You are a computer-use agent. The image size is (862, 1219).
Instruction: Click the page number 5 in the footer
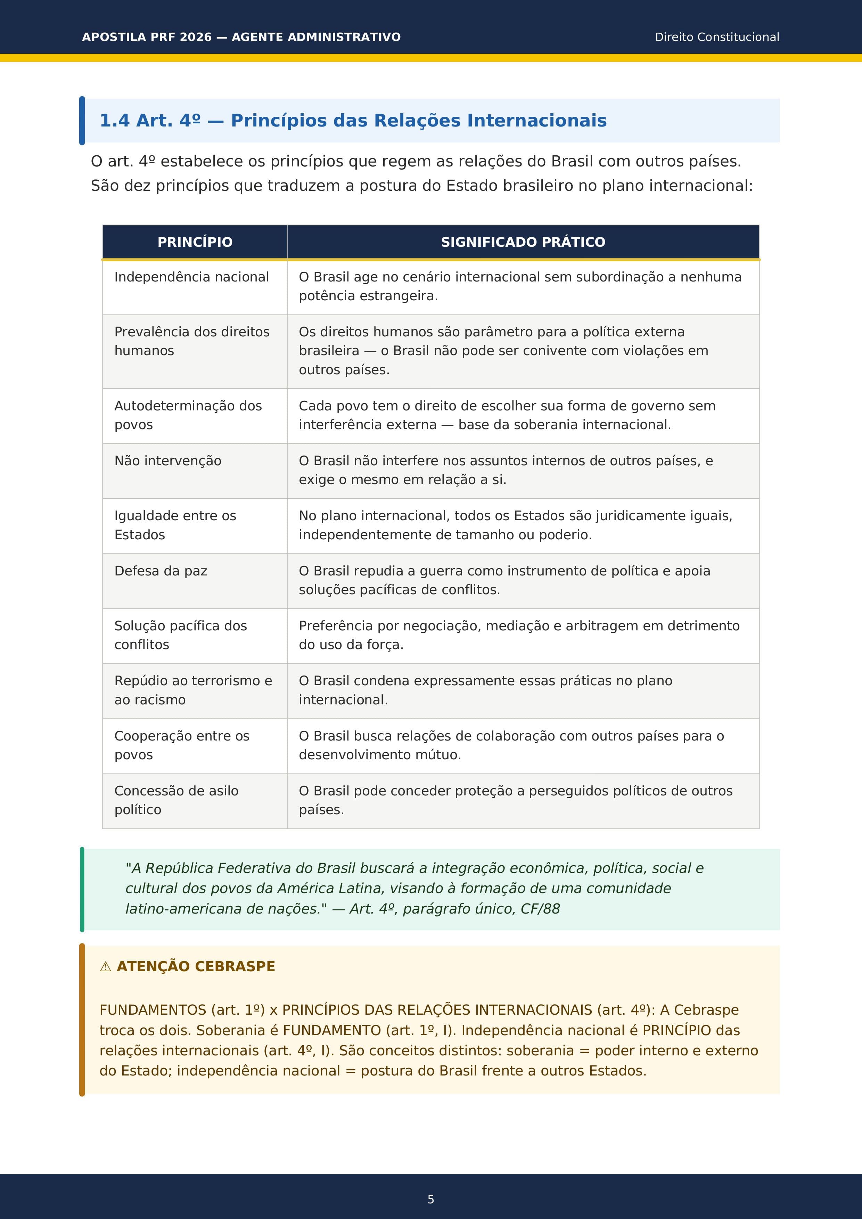pyautogui.click(x=430, y=1199)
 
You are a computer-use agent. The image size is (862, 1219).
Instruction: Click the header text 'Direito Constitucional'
pyautogui.click(x=716, y=37)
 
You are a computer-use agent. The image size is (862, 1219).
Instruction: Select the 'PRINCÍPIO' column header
pyautogui.click(x=195, y=242)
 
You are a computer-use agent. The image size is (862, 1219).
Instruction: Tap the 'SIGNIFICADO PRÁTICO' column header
pyautogui.click(x=523, y=242)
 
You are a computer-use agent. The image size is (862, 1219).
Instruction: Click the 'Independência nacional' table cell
pyautogui.click(x=192, y=277)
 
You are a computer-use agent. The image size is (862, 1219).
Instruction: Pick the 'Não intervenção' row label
pyautogui.click(x=168, y=461)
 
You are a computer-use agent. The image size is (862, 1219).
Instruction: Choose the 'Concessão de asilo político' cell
pyautogui.click(x=176, y=800)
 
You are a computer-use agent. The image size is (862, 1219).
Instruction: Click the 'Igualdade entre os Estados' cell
pyautogui.click(x=175, y=525)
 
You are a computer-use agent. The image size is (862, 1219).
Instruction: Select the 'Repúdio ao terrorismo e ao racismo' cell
pyautogui.click(x=193, y=690)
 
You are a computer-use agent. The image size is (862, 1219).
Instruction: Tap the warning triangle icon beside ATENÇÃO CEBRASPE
pyautogui.click(x=106, y=967)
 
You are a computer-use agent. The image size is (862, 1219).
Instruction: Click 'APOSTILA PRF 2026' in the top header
pyautogui.click(x=147, y=37)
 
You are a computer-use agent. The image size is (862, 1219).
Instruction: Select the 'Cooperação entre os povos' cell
pyautogui.click(x=181, y=745)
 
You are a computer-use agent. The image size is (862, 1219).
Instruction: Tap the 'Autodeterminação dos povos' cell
pyautogui.click(x=188, y=415)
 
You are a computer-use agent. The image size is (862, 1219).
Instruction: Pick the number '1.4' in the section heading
pyautogui.click(x=115, y=121)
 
